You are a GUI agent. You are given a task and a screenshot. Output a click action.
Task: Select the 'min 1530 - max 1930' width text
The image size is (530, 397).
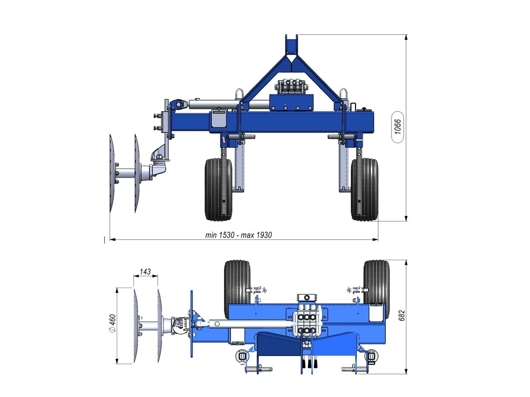238,235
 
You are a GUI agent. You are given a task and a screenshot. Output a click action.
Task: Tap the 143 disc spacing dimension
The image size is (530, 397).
145,272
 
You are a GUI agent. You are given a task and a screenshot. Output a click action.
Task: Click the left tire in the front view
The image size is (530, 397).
218,189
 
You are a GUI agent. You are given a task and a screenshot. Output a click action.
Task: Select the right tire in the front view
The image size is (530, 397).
364,189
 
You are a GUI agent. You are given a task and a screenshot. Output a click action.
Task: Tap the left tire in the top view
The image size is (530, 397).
237,282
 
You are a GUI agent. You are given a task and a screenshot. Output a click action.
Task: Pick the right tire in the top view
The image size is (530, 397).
377,282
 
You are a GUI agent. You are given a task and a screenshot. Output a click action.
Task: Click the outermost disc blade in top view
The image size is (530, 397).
135,325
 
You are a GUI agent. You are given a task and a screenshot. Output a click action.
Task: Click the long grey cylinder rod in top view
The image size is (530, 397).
248,324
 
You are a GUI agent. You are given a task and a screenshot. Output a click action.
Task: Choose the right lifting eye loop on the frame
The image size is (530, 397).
343,95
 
